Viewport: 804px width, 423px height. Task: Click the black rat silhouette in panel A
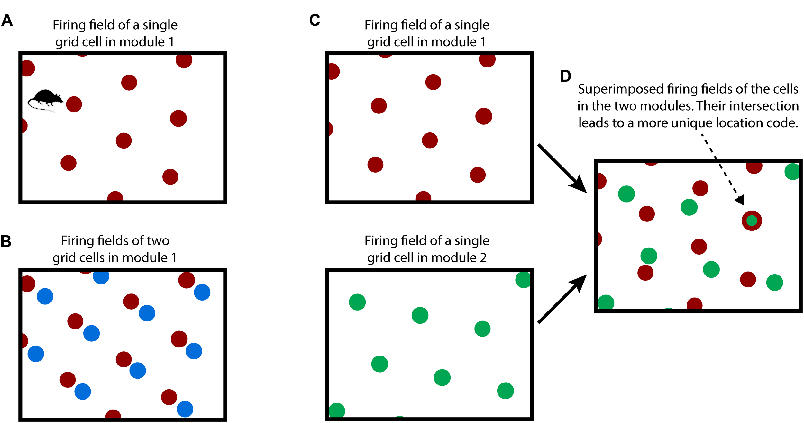46,98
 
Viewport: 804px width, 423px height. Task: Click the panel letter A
7,21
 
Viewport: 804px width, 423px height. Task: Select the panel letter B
6,241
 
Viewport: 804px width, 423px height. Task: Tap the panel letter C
315,21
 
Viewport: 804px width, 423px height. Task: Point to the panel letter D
566,76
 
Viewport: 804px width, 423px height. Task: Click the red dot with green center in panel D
752,221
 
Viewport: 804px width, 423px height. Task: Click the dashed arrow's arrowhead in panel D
741,200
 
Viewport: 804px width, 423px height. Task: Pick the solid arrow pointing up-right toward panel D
561,299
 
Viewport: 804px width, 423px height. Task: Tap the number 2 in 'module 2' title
483,258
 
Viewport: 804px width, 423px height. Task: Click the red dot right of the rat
74,104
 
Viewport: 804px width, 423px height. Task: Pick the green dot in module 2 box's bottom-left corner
337,410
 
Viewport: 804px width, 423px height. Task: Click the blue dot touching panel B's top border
101,276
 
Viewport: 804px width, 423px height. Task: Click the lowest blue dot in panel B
185,409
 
